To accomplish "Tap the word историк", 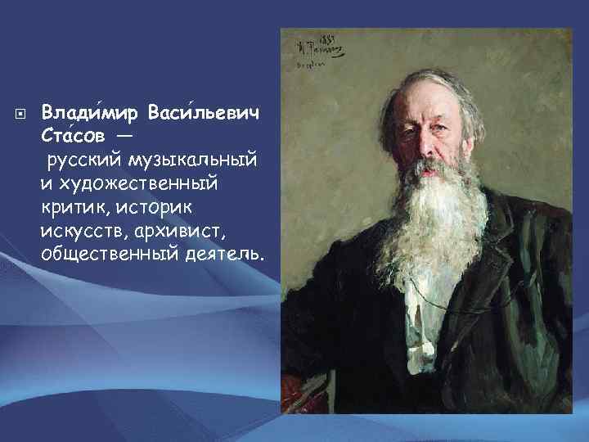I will tap(152, 196).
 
